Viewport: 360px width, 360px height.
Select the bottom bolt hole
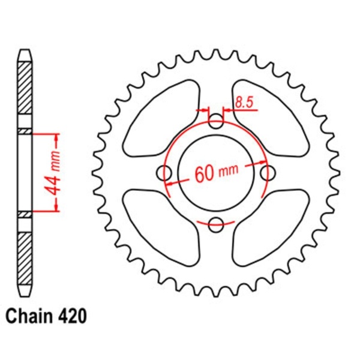tap(216, 224)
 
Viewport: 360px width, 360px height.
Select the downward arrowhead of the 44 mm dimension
tap(58, 206)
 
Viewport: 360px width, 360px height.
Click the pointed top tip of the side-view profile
tap(24, 50)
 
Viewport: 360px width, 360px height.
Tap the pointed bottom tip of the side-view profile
tap(24, 294)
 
